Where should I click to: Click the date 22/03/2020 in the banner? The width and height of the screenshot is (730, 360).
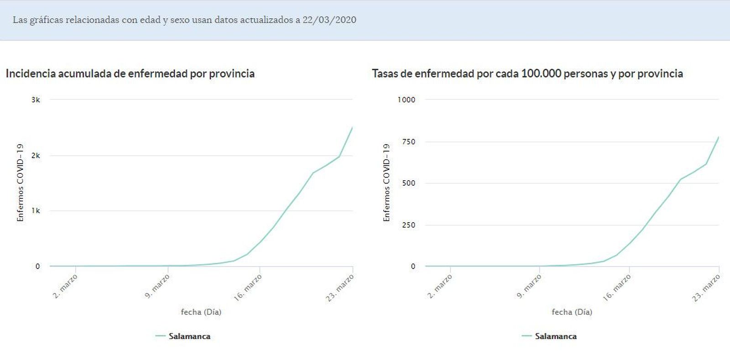tap(329, 20)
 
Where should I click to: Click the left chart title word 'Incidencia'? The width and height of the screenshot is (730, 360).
tap(31, 73)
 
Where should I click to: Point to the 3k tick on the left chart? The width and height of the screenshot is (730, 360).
tap(36, 100)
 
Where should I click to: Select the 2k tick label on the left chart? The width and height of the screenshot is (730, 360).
tap(36, 156)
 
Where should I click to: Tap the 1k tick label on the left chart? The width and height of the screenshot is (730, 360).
tap(36, 211)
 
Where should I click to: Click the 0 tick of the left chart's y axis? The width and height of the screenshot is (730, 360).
tap(37, 266)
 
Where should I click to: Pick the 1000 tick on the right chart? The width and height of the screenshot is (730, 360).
tap(406, 100)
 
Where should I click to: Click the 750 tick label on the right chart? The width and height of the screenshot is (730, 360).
tap(408, 142)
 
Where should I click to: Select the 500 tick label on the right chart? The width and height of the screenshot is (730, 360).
tap(408, 183)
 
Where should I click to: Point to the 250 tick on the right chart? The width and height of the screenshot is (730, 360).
tap(408, 225)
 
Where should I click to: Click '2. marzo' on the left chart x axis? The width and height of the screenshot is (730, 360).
tap(65, 287)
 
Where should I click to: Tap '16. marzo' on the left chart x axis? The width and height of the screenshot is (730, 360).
tap(248, 288)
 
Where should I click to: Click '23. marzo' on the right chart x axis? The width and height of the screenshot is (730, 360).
tap(706, 288)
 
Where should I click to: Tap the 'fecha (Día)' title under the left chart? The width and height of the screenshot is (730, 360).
tap(201, 312)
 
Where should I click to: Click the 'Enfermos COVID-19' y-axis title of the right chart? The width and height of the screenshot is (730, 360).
tap(386, 183)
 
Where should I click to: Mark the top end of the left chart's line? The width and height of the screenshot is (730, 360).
tap(352, 128)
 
